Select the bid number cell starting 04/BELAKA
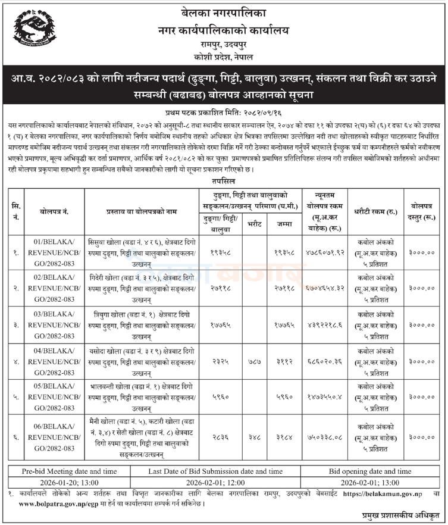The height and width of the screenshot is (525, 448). pos(48,361)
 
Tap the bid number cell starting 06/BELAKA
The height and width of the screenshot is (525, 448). pos(48,437)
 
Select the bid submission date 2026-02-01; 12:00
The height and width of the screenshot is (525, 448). pos(215,483)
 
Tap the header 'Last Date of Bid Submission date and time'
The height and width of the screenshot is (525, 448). pos(215,471)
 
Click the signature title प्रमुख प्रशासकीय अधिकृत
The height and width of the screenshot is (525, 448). pos(402,515)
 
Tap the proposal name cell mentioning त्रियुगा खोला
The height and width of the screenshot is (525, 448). pos(141,324)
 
